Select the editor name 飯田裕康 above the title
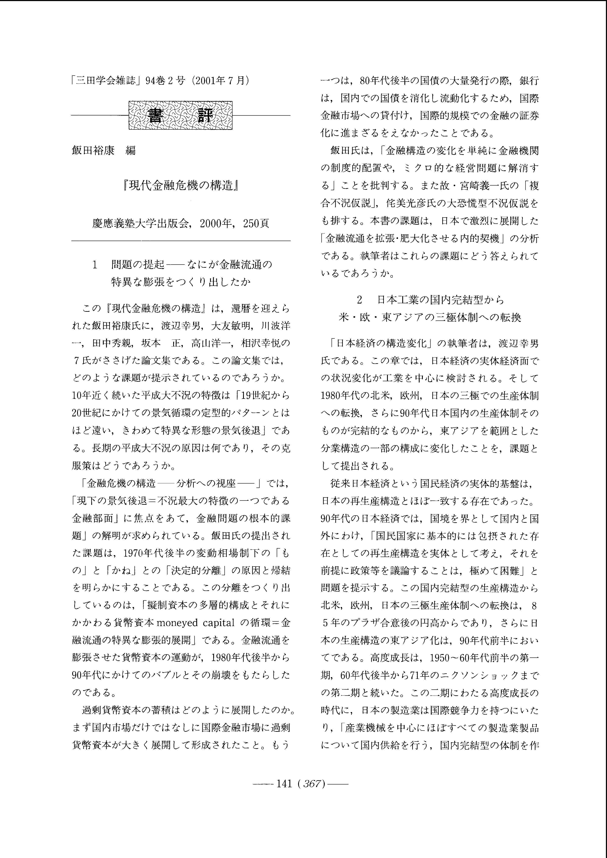(93, 150)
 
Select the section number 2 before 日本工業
(359, 300)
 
